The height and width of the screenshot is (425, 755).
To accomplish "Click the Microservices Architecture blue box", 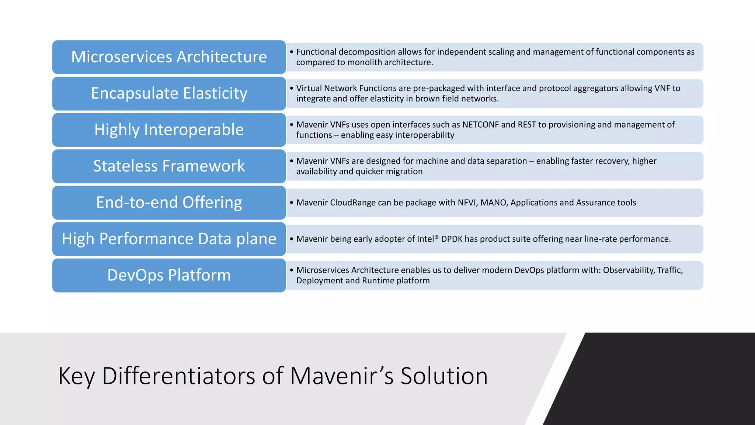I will click(x=169, y=57).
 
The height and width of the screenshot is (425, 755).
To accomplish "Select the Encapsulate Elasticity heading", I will click(x=169, y=93).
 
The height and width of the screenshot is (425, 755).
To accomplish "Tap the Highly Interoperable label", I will click(x=169, y=130).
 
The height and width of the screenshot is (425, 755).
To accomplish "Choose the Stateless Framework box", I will click(x=169, y=166).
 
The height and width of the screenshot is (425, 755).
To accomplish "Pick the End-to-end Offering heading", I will click(x=169, y=203).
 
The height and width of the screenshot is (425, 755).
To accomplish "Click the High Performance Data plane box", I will click(x=169, y=239).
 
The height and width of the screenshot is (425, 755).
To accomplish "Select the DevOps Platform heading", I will click(x=169, y=275).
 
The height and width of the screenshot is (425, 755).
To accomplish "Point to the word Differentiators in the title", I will click(x=178, y=376).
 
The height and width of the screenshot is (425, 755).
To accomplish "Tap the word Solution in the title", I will click(x=444, y=376).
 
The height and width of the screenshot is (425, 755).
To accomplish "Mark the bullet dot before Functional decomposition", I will click(x=291, y=52).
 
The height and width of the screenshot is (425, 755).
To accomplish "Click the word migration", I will click(x=404, y=172).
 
